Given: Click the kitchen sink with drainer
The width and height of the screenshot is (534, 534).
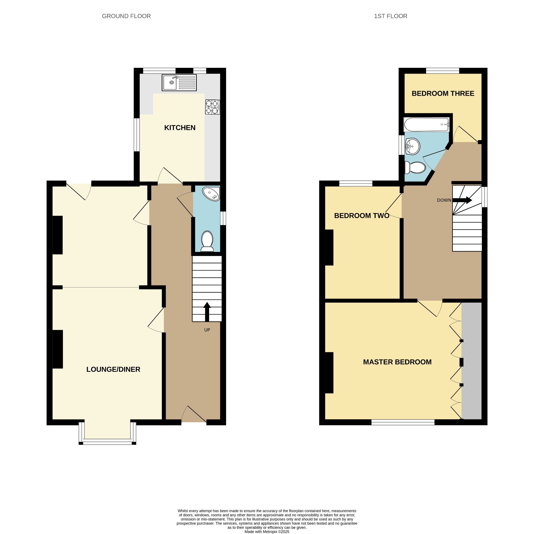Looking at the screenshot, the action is coord(179,82).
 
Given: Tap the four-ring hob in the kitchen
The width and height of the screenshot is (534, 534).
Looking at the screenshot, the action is coord(212,107).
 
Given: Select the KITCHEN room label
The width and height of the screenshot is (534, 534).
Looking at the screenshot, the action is coord(180,128).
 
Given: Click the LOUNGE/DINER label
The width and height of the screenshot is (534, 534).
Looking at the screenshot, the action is coord(113,369).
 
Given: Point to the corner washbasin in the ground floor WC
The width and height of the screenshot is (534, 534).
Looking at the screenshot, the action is coord(211,193).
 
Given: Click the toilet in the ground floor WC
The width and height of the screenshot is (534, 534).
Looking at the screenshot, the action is coord(207,241).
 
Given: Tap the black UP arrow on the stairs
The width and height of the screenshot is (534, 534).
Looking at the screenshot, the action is coord(207,312).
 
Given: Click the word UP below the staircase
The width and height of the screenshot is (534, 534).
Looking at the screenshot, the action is coord(207,330).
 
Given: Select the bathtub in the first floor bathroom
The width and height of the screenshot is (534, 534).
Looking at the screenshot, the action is coord(427,125).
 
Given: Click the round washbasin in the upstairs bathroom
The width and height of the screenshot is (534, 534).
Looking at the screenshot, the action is coord(413,146).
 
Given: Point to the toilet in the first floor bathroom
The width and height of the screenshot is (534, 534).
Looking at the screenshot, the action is coord(415,167).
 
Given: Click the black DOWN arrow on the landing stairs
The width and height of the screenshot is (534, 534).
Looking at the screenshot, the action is coord(462,200).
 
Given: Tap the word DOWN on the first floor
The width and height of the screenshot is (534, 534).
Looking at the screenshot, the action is coord(444,200).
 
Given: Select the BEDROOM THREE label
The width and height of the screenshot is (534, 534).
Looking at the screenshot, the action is coord(443,93).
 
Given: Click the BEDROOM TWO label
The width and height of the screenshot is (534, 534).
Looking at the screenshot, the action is coord(362,216).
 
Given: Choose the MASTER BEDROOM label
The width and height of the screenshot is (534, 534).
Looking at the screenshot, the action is coord(397,362).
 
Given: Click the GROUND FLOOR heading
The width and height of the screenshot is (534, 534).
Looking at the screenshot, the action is coord(126,16).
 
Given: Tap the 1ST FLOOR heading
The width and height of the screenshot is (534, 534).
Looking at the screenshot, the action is coord(390,16).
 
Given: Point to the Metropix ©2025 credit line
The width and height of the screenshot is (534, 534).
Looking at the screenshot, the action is coord(267,531).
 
